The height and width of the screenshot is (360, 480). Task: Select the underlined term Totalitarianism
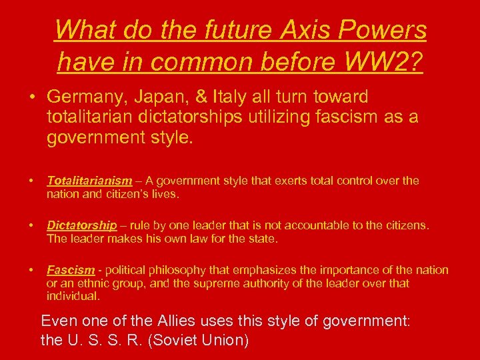89,181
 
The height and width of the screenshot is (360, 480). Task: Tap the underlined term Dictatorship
81,225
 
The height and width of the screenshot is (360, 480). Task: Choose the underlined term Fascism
71,270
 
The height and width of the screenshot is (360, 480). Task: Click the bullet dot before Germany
32,97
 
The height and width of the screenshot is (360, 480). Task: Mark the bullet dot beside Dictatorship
32,226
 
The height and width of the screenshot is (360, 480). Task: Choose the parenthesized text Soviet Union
200,341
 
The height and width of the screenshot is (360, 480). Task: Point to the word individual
73,296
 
